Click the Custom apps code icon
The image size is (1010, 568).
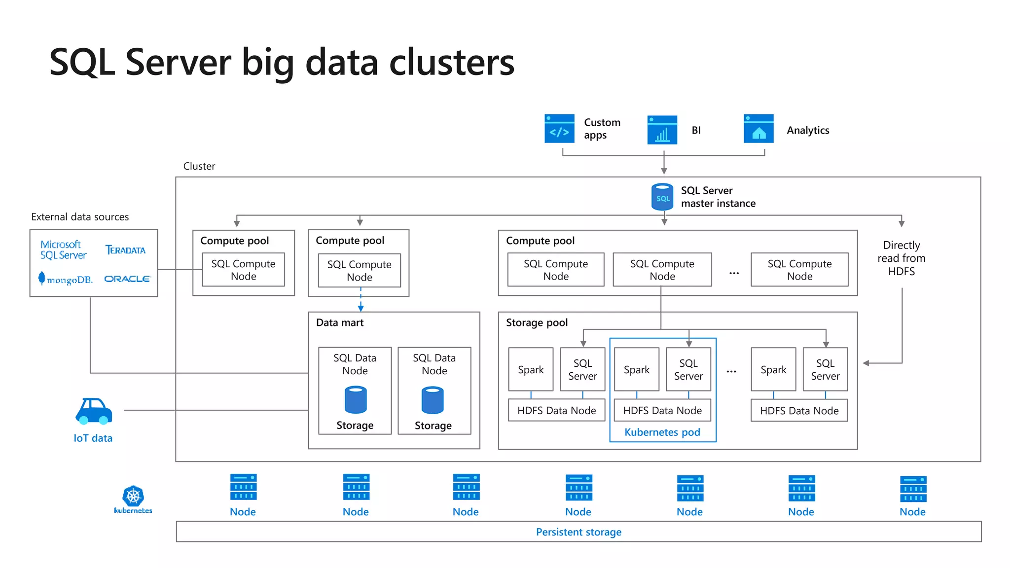point(559,129)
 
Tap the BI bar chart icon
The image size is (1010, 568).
point(662,130)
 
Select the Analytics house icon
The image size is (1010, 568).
point(758,129)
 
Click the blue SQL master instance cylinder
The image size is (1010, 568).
point(662,197)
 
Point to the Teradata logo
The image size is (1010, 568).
point(125,250)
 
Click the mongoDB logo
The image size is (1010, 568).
point(66,279)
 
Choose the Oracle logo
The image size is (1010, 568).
point(127,279)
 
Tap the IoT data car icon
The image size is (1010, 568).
point(94,411)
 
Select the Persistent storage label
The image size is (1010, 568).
point(578,532)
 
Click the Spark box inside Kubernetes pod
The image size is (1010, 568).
point(636,370)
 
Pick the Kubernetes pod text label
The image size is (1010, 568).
point(662,432)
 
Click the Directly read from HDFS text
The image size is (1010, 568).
point(901,258)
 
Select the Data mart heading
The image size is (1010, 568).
point(339,323)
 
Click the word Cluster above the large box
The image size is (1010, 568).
point(199,166)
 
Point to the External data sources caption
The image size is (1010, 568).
point(80,217)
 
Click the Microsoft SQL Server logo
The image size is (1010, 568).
point(63,250)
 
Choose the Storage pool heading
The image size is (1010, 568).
point(537,323)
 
